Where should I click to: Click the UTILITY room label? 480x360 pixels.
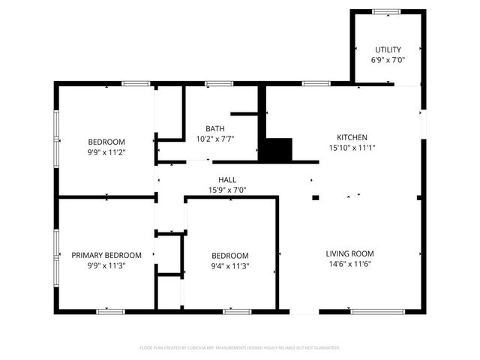tap(388, 49)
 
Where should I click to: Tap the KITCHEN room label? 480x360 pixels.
tap(352, 137)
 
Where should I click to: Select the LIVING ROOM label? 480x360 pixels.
tap(349, 253)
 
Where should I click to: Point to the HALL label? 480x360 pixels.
tap(227, 180)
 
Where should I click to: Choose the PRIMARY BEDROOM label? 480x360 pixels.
tap(106, 255)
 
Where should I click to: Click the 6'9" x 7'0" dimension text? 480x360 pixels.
tap(388, 60)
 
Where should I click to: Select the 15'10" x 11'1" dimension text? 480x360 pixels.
tap(352, 148)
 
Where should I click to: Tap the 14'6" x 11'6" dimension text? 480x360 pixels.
tap(349, 264)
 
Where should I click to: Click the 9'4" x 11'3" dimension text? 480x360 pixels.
tap(229, 265)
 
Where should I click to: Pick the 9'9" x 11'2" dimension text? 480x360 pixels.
tap(106, 152)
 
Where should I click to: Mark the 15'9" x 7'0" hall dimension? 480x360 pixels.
tap(227, 190)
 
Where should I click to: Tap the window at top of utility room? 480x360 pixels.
tap(387, 11)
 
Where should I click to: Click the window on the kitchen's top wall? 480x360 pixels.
tap(313, 83)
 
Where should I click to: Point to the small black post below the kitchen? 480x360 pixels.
tap(316, 198)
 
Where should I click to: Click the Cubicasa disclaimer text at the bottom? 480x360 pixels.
tap(240, 348)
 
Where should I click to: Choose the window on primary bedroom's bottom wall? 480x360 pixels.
tap(111, 311)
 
